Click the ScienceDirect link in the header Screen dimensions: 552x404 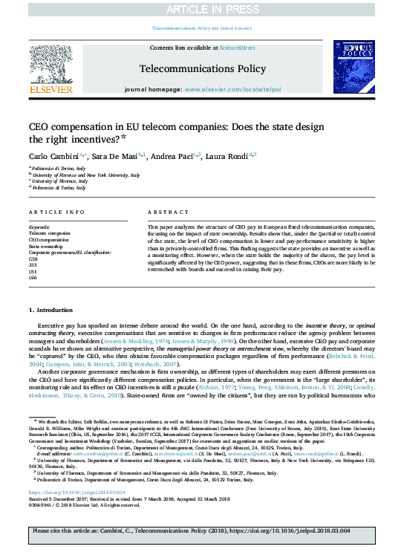pyautogui.click(x=238, y=48)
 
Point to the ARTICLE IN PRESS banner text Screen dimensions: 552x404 pyautogui.click(x=201, y=8)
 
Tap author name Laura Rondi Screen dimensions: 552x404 pyautogui.click(x=228, y=156)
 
